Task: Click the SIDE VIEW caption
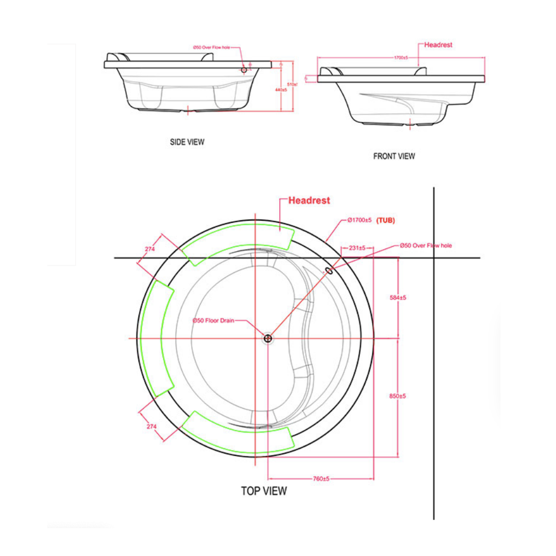pyautogui.click(x=187, y=142)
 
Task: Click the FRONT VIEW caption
pyautogui.click(x=394, y=156)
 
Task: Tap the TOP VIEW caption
pyautogui.click(x=264, y=491)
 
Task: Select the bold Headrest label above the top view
pyautogui.click(x=309, y=201)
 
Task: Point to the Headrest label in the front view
pyautogui.click(x=438, y=44)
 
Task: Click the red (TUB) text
pyautogui.click(x=386, y=221)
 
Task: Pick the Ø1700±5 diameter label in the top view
pyautogui.click(x=359, y=221)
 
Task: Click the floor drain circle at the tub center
pyautogui.click(x=267, y=338)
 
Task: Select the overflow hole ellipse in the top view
pyautogui.click(x=329, y=271)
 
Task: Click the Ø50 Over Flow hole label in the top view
pyautogui.click(x=426, y=245)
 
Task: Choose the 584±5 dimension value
pyautogui.click(x=398, y=297)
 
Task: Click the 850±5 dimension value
pyautogui.click(x=398, y=396)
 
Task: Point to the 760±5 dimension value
pyautogui.click(x=321, y=478)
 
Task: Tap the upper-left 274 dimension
pyautogui.click(x=150, y=249)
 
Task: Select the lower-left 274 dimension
pyautogui.click(x=152, y=426)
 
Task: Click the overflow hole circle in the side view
pyautogui.click(x=244, y=70)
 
